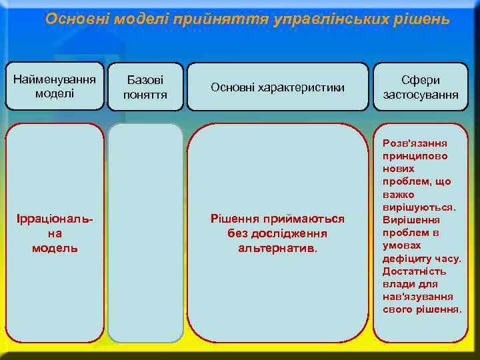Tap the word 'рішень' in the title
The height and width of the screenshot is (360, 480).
425,19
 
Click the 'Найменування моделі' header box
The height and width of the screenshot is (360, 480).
55,87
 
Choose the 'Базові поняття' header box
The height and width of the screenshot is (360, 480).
145,87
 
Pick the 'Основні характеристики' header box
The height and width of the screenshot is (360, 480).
277,87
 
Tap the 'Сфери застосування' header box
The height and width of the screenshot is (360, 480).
421,87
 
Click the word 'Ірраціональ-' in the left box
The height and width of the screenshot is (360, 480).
55,220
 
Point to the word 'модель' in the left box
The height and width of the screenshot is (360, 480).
55,248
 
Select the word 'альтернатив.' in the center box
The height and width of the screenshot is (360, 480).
278,248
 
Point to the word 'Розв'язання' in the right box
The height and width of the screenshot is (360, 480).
415,143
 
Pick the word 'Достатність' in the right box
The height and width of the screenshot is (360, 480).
414,271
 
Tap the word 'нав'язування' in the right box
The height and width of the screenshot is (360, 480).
418,297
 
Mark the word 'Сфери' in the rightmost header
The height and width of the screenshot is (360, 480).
421,80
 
